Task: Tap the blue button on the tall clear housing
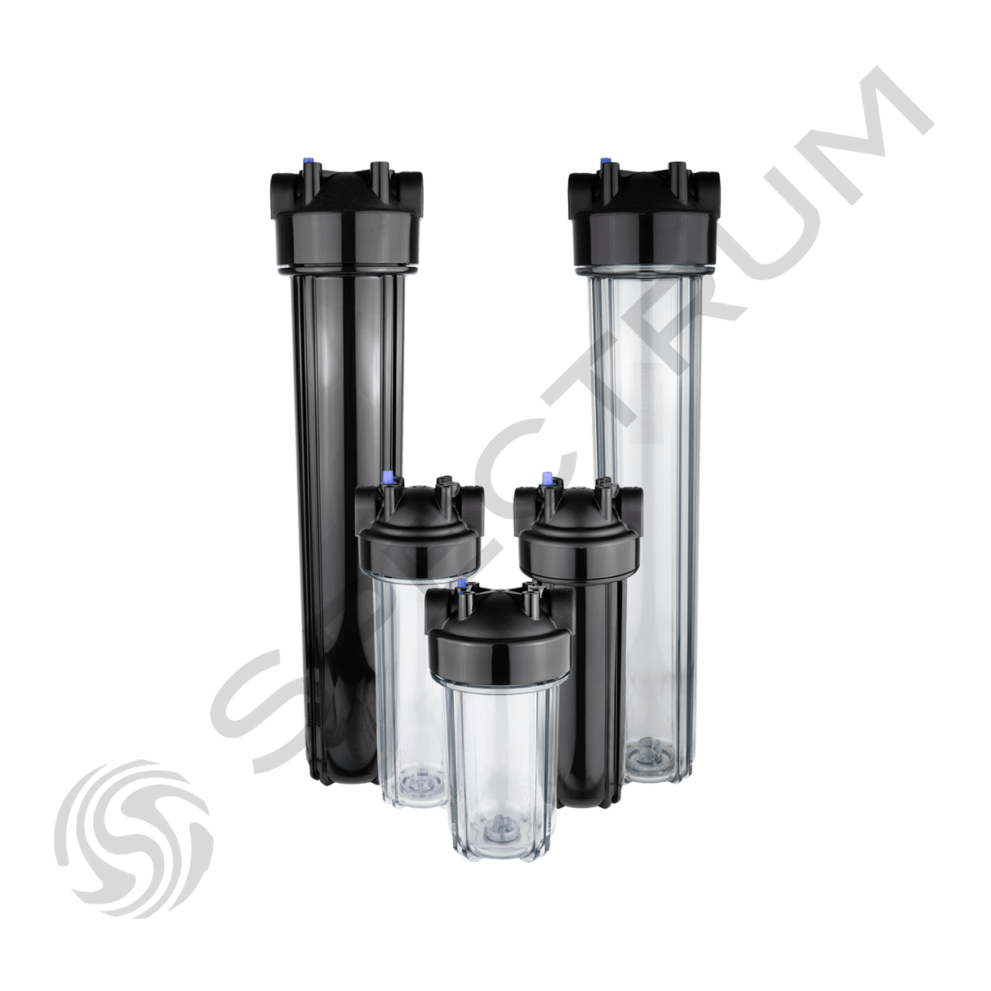pyautogui.click(x=606, y=164)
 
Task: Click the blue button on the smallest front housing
pyautogui.click(x=463, y=585)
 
